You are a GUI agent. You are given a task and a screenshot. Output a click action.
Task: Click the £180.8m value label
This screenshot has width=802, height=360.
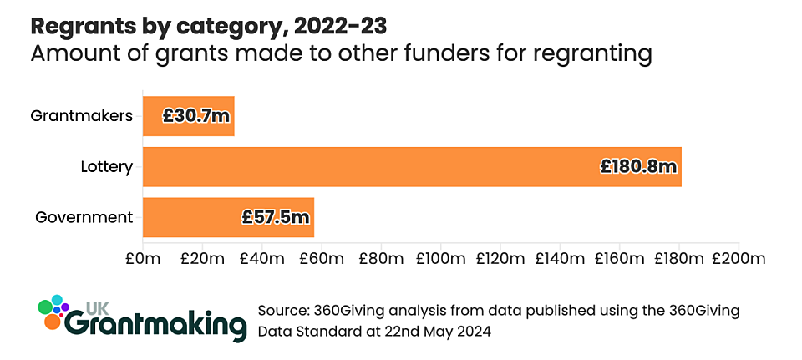638,166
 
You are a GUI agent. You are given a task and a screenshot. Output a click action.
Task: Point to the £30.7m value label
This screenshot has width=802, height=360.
196,116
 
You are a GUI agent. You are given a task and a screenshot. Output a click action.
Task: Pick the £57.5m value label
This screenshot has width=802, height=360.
277,217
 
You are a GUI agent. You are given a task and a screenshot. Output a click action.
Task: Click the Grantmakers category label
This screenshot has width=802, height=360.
81,116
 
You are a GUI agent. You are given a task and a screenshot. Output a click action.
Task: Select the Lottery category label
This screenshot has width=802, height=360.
106,166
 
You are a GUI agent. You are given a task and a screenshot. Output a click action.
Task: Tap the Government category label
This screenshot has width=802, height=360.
84,217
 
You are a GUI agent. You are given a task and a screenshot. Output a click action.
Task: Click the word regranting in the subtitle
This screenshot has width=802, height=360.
580,54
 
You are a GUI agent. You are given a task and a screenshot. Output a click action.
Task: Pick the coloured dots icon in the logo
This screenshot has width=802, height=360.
52,310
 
